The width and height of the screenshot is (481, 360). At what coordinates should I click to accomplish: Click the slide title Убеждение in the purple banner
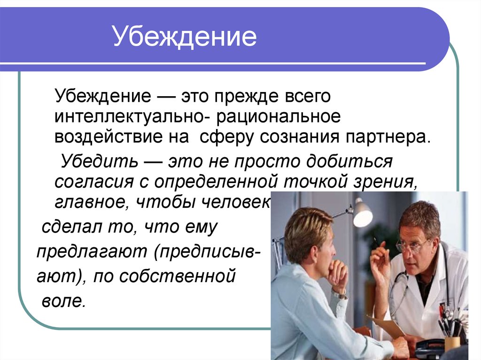click(x=185, y=36)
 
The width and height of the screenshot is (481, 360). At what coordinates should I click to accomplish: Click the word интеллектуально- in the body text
click(x=133, y=117)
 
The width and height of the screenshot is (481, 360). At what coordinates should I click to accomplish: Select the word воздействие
click(x=122, y=137)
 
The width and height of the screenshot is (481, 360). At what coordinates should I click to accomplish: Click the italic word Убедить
click(x=99, y=161)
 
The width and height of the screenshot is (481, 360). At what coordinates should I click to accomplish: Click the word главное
click(x=91, y=202)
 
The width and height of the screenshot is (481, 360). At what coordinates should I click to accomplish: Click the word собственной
click(x=177, y=276)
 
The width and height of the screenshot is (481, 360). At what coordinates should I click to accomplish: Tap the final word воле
click(x=62, y=300)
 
